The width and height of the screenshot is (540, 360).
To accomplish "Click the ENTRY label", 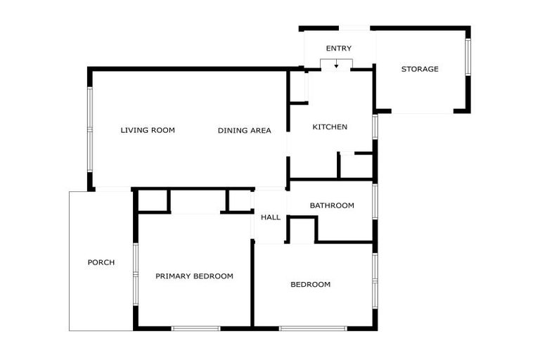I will coord(338,49).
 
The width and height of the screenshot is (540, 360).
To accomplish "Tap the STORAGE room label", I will coord(420,69).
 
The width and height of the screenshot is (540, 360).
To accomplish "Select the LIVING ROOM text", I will coord(148,130).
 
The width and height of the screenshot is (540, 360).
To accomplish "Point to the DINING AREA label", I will coord(244,130).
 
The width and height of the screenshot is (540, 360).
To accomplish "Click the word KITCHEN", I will coord(330,127).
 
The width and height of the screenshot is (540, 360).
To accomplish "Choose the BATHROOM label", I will coord(332,205).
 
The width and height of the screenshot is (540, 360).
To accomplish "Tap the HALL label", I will coord(271,217).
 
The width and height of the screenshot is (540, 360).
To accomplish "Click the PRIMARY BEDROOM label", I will coord(194,276).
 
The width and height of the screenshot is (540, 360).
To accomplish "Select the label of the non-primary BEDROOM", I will coord(310,285).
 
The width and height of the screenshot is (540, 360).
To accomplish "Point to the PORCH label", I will coord(101,262).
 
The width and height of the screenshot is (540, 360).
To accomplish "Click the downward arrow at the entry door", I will coord(336,65).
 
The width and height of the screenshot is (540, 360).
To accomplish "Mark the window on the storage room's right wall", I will coord(468,57).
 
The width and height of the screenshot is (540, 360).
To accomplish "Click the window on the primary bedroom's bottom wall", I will coord(195,328).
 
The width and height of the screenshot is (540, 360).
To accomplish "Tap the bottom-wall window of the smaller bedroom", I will coord(312,328).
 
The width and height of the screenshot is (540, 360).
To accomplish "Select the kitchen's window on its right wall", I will coord(375,127).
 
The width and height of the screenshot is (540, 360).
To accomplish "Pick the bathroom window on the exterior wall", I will coord(375,201).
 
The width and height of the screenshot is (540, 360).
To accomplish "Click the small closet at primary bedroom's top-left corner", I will coord(153,200).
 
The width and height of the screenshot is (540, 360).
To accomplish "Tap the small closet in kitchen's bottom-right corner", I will coord(356,166).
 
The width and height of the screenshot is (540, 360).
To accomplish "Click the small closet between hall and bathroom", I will coord(302,230).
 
